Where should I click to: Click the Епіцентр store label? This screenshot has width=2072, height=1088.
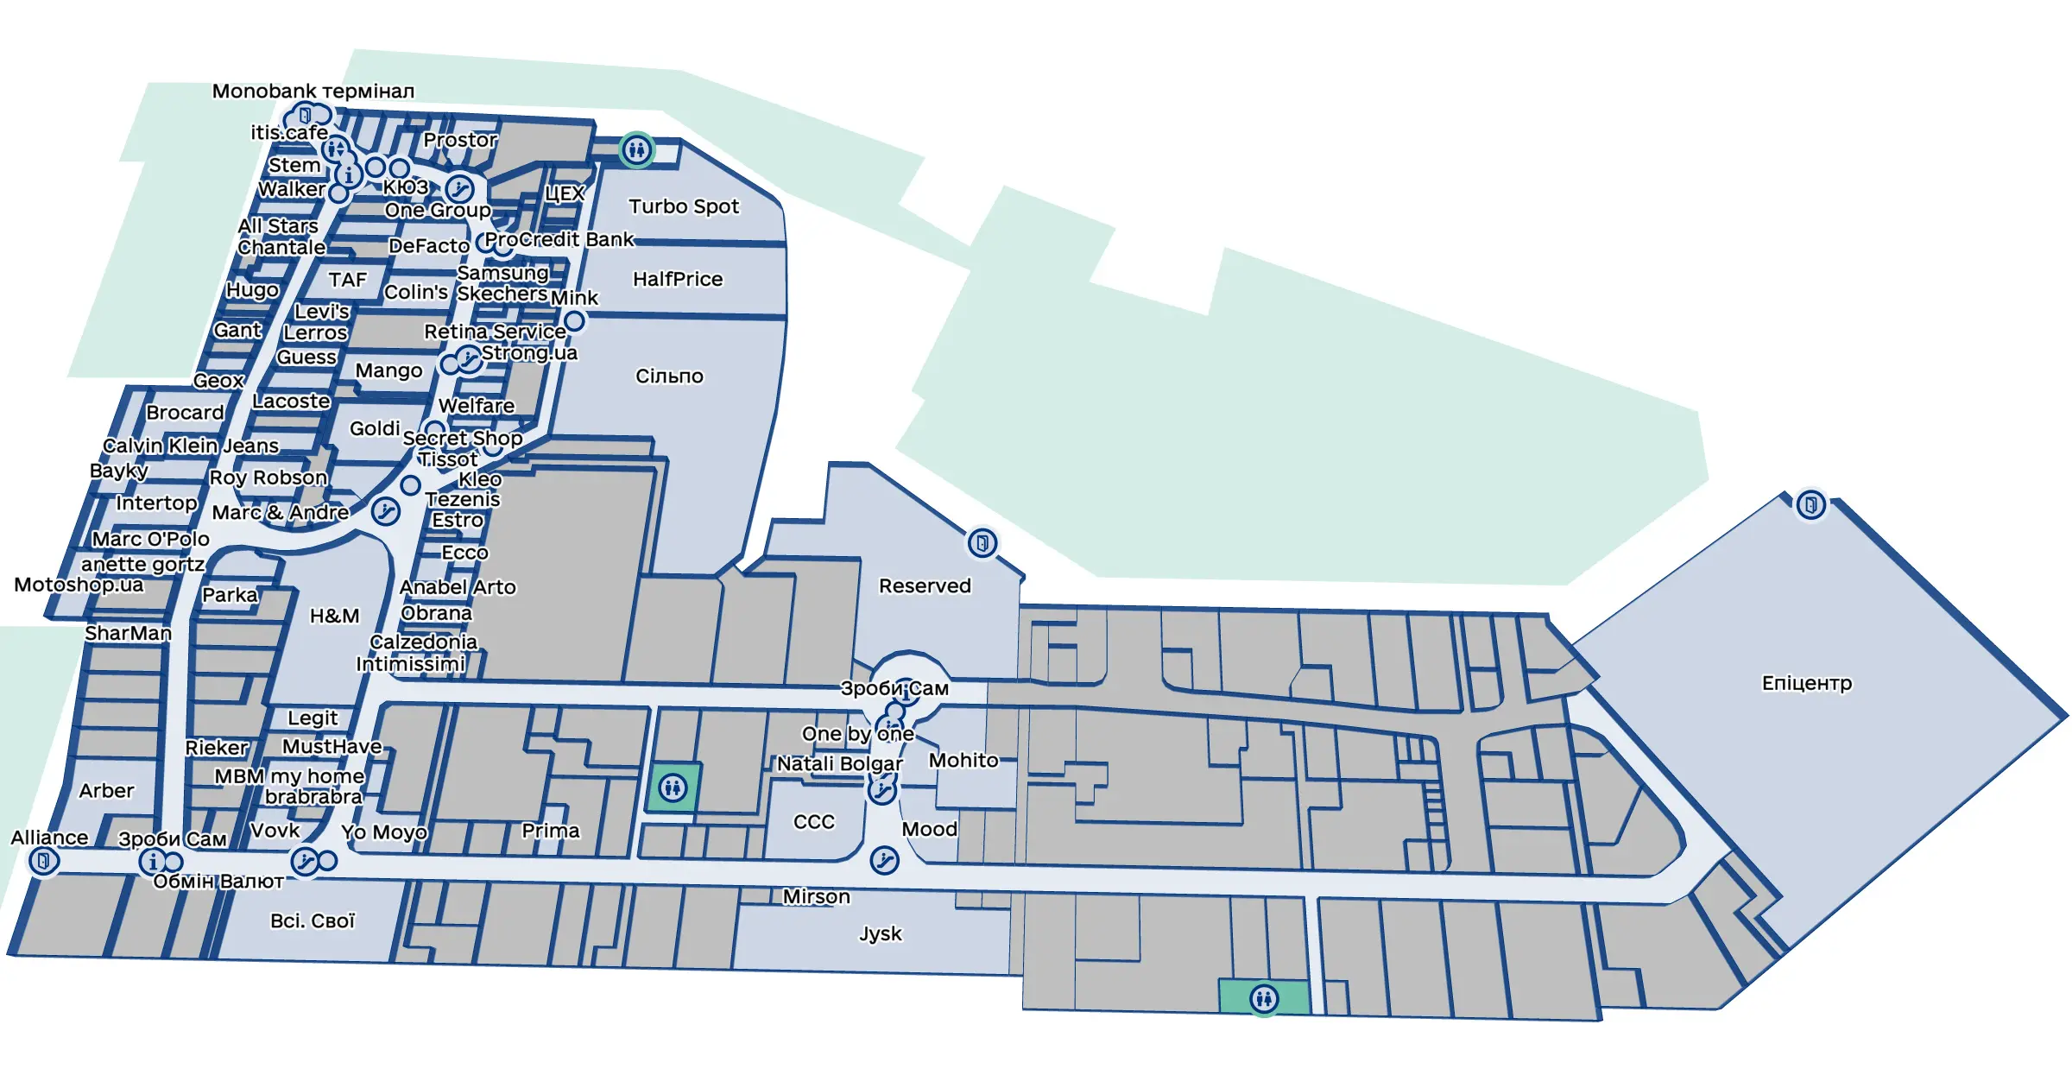coord(1806,683)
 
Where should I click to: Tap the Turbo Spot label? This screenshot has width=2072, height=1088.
coord(684,206)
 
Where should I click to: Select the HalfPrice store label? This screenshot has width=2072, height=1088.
coord(678,279)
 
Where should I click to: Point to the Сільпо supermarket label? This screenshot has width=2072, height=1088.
coord(669,376)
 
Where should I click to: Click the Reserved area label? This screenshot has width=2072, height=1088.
coord(925,585)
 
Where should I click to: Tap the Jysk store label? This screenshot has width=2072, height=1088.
coord(881,934)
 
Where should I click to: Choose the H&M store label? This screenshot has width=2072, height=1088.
coord(334,616)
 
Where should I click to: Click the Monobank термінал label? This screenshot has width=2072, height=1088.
coord(313,91)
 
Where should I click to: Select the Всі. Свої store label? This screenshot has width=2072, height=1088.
coord(313,920)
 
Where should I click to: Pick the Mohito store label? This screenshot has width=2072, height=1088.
coord(963,760)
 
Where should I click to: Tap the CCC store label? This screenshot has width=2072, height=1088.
coord(814,821)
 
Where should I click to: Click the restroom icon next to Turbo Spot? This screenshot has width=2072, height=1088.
coord(636,149)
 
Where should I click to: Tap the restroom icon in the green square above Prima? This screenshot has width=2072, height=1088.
coord(673,787)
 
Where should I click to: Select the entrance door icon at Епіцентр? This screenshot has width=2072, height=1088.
coord(1810,504)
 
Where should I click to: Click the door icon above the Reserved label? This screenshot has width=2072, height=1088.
coord(982,543)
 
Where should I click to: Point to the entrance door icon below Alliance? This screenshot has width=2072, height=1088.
coord(43,860)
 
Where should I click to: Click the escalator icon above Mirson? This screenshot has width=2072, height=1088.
coord(884,860)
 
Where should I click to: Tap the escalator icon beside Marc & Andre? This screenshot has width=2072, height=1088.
coord(385,512)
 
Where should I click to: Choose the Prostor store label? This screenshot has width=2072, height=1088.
coord(460,140)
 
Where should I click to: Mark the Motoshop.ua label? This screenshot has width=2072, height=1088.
coord(79,585)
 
